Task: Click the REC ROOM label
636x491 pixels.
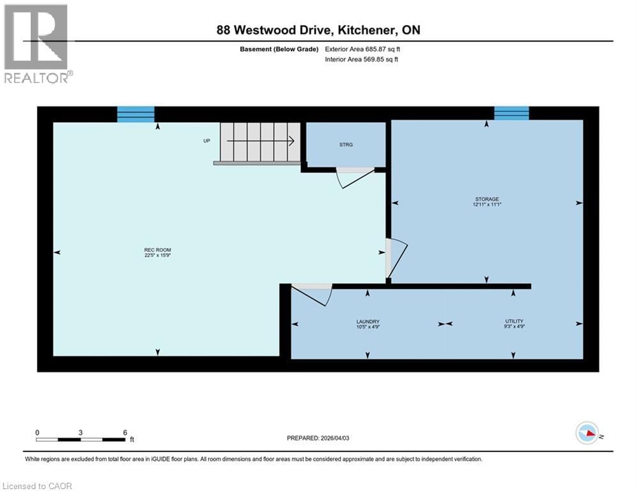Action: click(x=157, y=253)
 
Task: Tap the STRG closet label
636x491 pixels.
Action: click(x=346, y=144)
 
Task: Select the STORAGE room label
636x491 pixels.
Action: click(x=486, y=202)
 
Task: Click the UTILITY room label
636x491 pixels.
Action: click(x=514, y=324)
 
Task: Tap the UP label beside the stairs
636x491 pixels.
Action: click(x=206, y=141)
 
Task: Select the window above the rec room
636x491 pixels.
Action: click(x=136, y=114)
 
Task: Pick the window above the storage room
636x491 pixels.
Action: click(x=511, y=113)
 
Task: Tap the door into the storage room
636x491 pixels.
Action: click(x=394, y=259)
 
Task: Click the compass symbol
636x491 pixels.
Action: click(x=586, y=433)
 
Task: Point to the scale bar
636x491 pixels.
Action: click(x=81, y=439)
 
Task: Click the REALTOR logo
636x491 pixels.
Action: click(x=36, y=43)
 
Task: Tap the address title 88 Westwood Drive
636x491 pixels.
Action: click(x=318, y=30)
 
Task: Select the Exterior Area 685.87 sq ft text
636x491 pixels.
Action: click(x=363, y=49)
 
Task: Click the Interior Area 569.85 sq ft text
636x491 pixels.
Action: click(x=363, y=59)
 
